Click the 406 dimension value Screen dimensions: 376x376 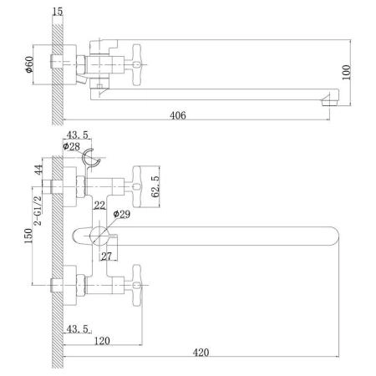coord(178,115)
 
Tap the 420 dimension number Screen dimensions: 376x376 coord(201,353)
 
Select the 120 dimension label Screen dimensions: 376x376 coord(102,341)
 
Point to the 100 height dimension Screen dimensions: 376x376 coord(346,72)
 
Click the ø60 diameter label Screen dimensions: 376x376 coord(29,64)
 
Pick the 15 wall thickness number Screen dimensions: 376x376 coord(58,12)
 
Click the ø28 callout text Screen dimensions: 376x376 coord(71,146)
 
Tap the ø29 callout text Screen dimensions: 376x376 coord(122,214)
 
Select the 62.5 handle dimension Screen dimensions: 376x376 coord(155,186)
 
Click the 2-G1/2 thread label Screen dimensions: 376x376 coord(38,211)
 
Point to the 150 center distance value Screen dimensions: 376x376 coord(28,236)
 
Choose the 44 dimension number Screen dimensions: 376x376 coord(38,170)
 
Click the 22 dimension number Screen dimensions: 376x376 coord(99,206)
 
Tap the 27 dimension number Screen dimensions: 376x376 coord(106,256)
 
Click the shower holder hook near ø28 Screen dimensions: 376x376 coord(91,159)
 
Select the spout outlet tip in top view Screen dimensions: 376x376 coord(330,100)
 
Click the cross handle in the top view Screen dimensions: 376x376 coord(136,65)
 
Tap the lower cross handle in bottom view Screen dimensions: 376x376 coord(137,285)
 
